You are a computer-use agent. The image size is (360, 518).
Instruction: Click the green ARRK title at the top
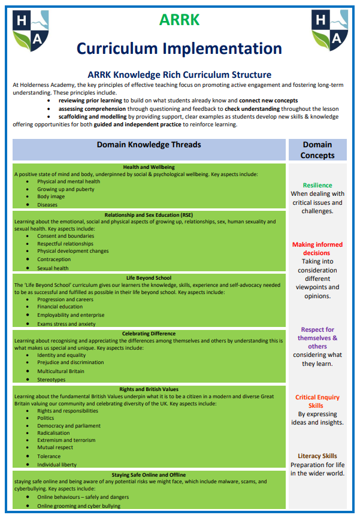click(x=179, y=20)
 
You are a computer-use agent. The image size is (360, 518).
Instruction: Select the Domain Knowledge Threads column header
click(x=149, y=145)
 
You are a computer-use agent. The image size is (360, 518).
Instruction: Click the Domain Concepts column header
click(x=317, y=150)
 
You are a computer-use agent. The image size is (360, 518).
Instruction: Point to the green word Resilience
click(x=317, y=185)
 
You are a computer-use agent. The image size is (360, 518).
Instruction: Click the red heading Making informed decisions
click(x=317, y=249)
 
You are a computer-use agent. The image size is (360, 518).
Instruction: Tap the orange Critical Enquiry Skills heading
click(x=317, y=401)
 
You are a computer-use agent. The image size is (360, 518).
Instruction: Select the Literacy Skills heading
click(x=317, y=456)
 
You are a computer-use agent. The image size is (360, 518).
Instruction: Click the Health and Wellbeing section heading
click(x=149, y=167)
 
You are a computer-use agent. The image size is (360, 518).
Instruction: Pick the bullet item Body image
click(x=51, y=196)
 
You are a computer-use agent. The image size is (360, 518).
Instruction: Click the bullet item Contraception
click(x=54, y=260)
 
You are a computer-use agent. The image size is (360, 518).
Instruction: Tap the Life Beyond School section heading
click(x=149, y=278)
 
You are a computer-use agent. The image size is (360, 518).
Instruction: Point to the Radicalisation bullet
click(x=53, y=433)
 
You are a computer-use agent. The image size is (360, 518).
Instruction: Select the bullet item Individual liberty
click(x=57, y=464)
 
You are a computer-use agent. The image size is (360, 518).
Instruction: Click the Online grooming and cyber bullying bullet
click(x=78, y=505)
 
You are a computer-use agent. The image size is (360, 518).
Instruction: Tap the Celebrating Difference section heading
click(x=149, y=334)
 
